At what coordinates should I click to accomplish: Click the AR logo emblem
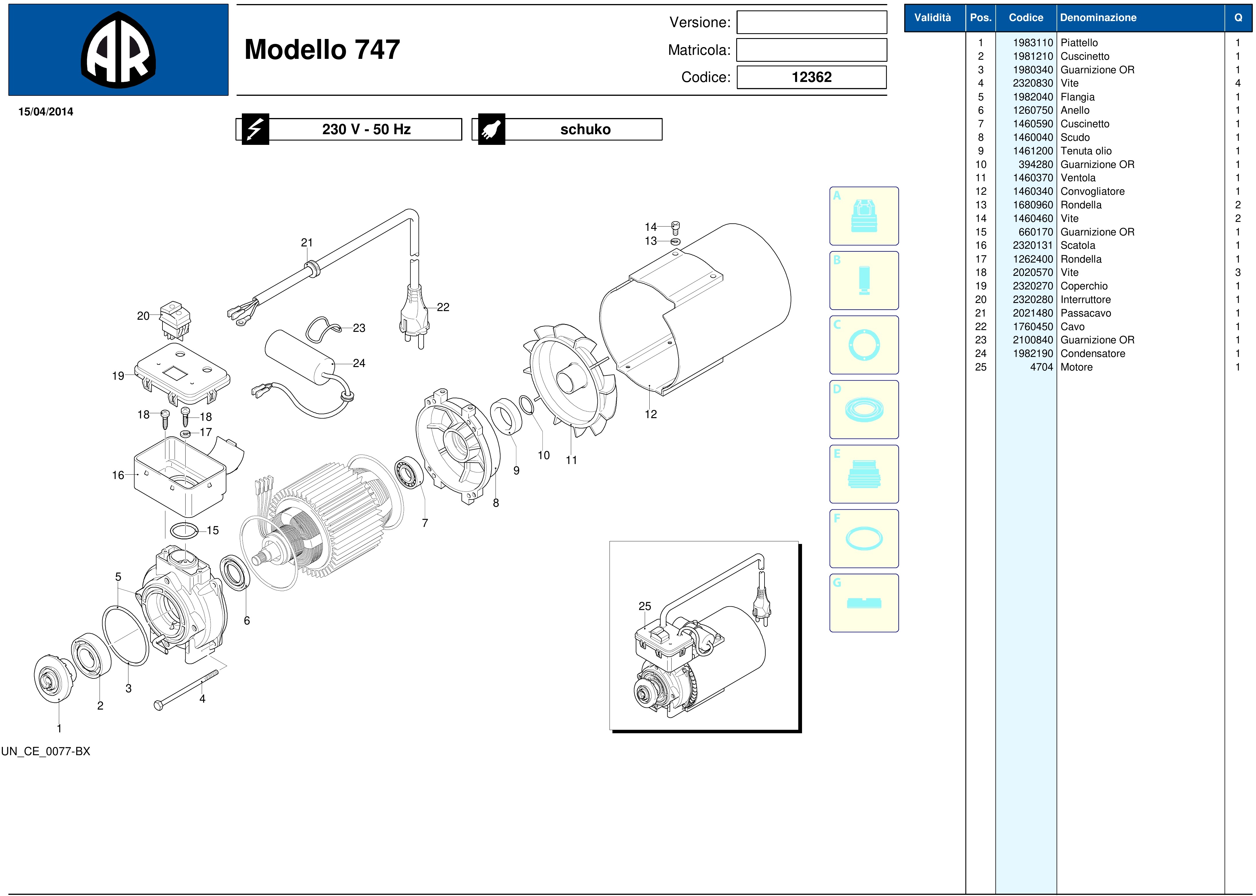[118, 50]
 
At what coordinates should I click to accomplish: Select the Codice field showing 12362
[812, 77]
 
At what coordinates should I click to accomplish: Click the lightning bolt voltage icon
[254, 129]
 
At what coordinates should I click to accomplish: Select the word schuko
[586, 130]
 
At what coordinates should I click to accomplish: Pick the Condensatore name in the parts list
[1093, 354]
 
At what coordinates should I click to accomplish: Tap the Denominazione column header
[1098, 18]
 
